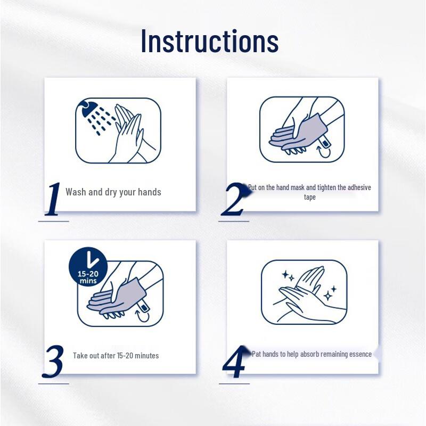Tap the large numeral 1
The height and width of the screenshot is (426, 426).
tap(53, 199)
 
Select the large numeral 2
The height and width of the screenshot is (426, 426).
tap(234, 199)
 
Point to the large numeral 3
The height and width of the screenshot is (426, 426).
tap(53, 362)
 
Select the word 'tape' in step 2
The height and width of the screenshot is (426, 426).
tap(309, 197)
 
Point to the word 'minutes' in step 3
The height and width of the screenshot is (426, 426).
tap(146, 355)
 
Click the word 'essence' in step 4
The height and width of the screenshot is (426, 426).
tap(361, 354)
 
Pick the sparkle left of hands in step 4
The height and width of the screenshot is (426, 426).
tap(288, 276)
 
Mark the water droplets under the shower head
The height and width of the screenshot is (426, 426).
tap(101, 120)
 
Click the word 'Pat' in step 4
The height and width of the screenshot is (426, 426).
tap(257, 354)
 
